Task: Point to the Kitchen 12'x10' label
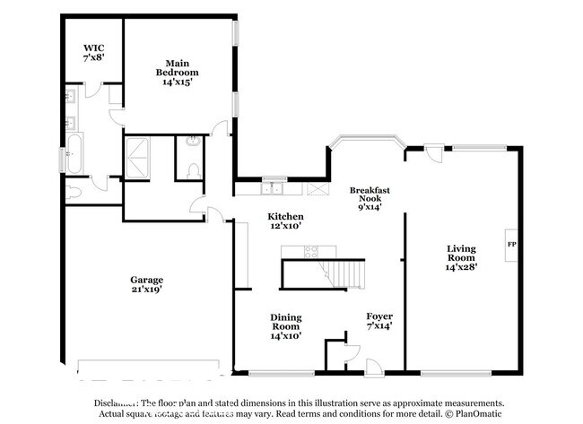[285, 221]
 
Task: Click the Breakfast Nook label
[368, 197]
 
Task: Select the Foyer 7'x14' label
[379, 322]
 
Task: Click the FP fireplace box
[511, 244]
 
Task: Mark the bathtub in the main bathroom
[74, 153]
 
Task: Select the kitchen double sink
[274, 189]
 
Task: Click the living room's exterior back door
[434, 154]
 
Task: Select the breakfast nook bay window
[366, 141]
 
